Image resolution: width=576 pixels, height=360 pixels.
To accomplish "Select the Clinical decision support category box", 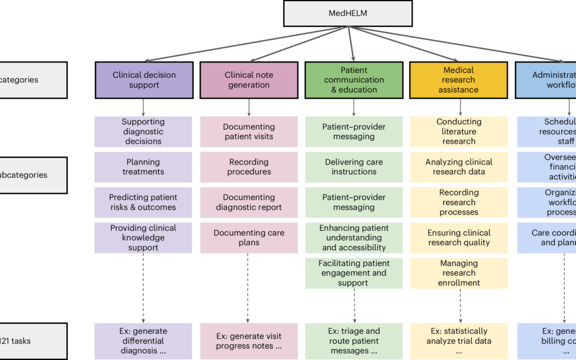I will [144, 80].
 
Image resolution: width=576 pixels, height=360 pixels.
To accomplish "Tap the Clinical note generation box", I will [249, 80].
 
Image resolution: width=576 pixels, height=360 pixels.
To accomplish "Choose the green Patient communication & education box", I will [354, 80].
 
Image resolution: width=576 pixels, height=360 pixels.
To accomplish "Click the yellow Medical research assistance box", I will [458, 80].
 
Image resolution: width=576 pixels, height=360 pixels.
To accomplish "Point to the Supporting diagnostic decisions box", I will [143, 132].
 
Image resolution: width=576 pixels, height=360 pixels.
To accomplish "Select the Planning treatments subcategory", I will [143, 167].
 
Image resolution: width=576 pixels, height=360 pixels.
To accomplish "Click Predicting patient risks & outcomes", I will [143, 202].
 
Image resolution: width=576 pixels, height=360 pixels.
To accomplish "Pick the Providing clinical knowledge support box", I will [143, 238].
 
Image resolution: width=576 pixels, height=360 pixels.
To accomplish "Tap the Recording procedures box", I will [249, 167].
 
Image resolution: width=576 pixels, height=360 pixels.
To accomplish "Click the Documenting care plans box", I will [249, 238].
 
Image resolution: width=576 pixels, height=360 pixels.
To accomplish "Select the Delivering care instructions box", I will [354, 167].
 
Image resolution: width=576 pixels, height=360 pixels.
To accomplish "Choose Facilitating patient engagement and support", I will [354, 273].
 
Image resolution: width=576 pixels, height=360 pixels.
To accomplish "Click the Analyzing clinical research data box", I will [459, 167].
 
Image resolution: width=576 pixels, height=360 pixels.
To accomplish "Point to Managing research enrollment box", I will [459, 273].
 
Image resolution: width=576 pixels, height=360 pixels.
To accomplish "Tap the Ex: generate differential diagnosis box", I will [143, 341].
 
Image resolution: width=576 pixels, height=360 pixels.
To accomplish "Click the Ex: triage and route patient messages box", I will [354, 341].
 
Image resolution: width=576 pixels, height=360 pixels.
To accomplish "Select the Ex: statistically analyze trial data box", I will [459, 341].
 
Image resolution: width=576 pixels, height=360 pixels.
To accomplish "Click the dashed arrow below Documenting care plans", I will [248, 288].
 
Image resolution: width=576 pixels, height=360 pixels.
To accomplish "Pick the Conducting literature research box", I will [459, 132].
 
